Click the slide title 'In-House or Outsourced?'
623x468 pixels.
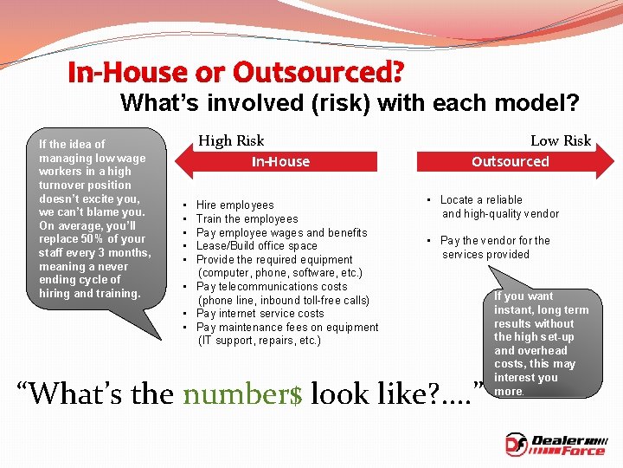tap(235, 72)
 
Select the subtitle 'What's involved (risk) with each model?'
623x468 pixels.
tap(350, 103)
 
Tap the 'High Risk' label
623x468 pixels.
tap(231, 140)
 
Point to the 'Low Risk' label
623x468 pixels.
tap(560, 140)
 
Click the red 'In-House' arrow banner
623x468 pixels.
tap(279, 161)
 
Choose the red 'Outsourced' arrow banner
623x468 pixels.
tap(510, 161)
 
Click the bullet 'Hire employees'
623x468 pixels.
tap(234, 205)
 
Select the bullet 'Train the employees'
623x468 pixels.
tap(247, 219)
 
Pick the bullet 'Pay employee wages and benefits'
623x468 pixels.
tap(281, 232)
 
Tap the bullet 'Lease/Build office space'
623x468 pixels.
tap(257, 246)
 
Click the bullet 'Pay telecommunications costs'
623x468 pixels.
tap(272, 287)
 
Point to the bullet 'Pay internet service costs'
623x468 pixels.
tap(260, 314)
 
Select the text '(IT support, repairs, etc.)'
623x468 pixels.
tap(260, 341)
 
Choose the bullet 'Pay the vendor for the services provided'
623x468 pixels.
tap(494, 247)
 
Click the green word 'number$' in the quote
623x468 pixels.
tap(242, 394)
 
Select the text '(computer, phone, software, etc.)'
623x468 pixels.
tap(280, 273)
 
